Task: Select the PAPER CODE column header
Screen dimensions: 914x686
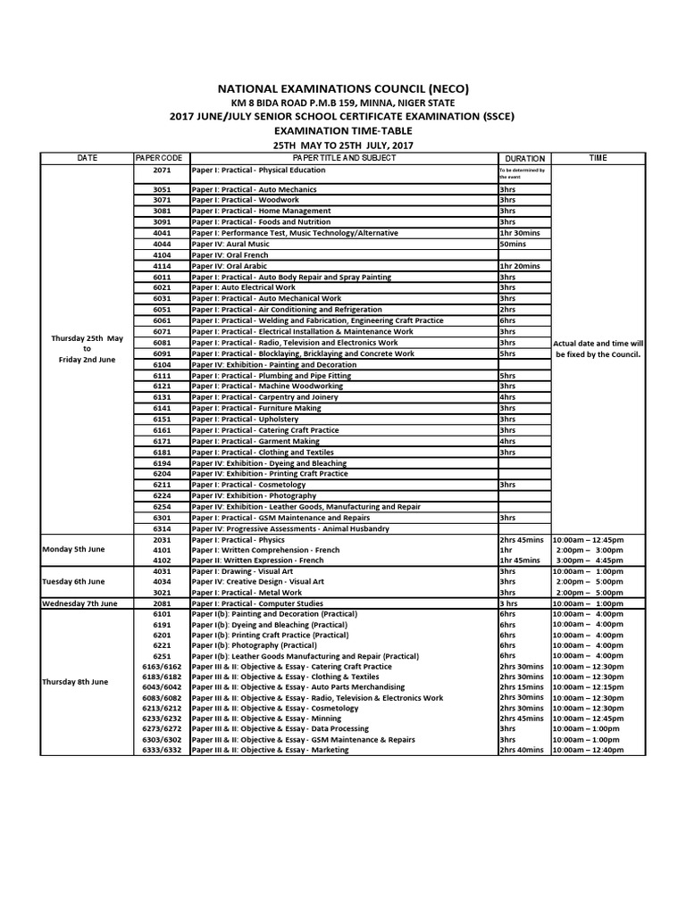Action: pos(160,158)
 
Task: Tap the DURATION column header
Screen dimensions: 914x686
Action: pos(524,158)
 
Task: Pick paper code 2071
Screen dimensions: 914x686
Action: pos(161,169)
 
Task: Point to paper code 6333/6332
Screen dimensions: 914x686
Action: pos(161,750)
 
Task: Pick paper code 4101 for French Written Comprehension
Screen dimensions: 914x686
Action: pos(161,550)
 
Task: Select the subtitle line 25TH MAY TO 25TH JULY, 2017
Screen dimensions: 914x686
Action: pos(343,145)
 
